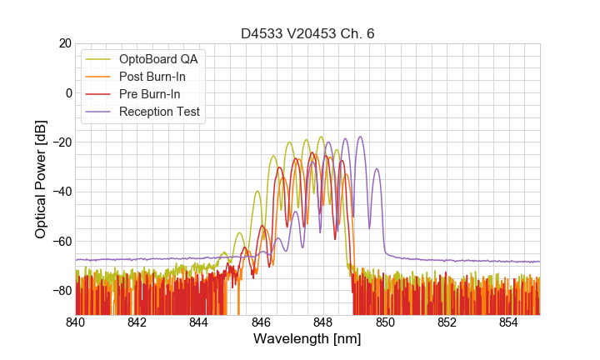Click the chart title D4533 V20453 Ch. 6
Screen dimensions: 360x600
click(x=307, y=33)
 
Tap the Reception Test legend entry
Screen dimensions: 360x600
click(x=159, y=112)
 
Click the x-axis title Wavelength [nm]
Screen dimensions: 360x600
click(x=307, y=339)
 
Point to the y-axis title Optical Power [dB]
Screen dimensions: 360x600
click(x=41, y=179)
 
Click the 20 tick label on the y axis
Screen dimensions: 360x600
click(x=64, y=43)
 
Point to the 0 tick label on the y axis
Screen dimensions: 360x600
click(x=67, y=92)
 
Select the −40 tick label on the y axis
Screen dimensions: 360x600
click(x=61, y=192)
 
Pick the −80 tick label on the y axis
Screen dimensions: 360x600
click(x=61, y=291)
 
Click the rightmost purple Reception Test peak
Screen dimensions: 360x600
click(x=377, y=169)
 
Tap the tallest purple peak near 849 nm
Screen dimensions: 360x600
click(x=360, y=137)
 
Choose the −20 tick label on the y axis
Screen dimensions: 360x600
click(x=61, y=142)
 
